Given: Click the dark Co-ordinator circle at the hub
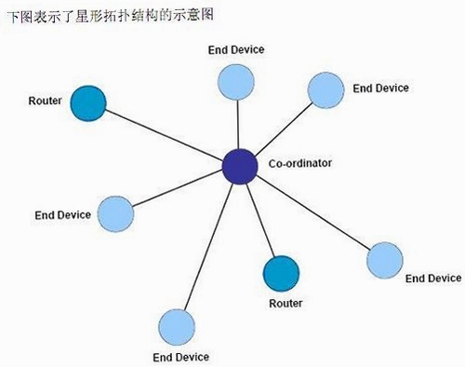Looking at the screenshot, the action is click(x=240, y=167).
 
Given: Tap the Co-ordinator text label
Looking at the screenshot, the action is click(x=300, y=163).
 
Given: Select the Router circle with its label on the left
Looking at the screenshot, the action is click(x=88, y=103).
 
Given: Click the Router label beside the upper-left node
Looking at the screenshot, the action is click(x=45, y=101).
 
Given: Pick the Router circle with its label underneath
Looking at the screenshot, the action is click(x=281, y=274).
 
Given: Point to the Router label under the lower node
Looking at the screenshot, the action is click(x=286, y=304).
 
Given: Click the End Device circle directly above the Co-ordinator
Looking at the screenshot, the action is click(x=236, y=82).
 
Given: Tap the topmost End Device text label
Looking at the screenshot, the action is click(x=236, y=49).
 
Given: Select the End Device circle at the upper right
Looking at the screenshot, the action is click(x=325, y=90).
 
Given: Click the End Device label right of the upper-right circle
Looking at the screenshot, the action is click(x=380, y=88).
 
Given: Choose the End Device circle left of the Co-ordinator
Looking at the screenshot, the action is click(x=115, y=214).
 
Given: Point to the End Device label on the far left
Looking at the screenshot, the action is click(x=62, y=215).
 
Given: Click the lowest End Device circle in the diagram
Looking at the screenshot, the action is click(x=177, y=327).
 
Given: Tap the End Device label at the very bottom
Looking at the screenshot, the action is click(x=181, y=357).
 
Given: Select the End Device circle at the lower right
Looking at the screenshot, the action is click(x=385, y=260).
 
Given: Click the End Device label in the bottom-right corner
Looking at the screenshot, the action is click(x=433, y=279).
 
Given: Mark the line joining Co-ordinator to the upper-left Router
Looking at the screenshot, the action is click(x=165, y=134).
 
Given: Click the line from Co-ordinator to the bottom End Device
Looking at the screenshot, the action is click(x=208, y=247).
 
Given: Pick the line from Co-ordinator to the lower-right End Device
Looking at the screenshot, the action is click(x=313, y=213).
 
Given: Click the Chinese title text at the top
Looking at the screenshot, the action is click(x=111, y=15).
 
